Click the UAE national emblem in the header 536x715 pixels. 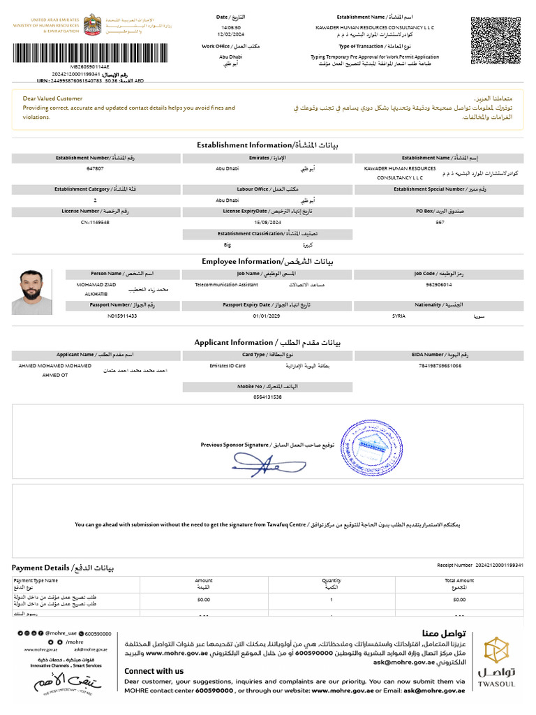91,25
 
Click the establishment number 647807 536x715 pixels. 95,169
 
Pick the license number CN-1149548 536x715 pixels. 95,222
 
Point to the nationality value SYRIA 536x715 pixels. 403,316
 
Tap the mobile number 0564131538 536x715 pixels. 267,397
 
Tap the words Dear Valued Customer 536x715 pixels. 52,98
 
